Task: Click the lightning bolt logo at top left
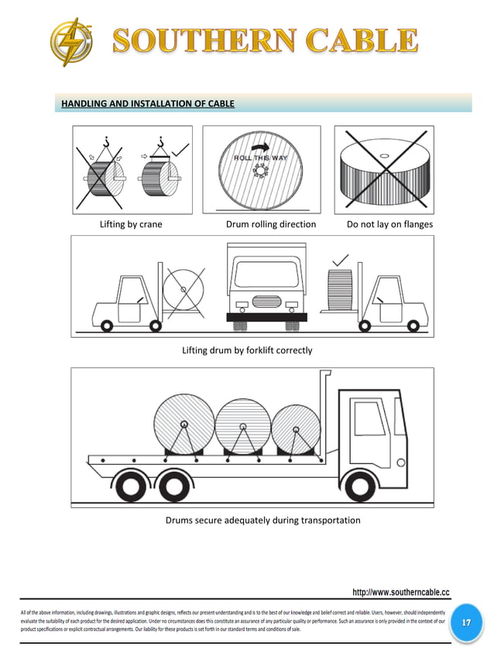coord(72,42)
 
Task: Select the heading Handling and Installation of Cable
coord(147,103)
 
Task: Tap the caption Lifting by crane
coord(131,224)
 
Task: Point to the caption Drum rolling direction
coord(270,224)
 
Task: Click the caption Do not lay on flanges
coord(389,224)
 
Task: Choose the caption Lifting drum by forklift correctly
coord(247,350)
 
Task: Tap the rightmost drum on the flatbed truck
coord(295,429)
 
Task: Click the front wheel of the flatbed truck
coord(359,486)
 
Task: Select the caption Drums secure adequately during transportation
coord(262,520)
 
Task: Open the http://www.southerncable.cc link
coord(400,592)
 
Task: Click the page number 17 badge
coord(465,622)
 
